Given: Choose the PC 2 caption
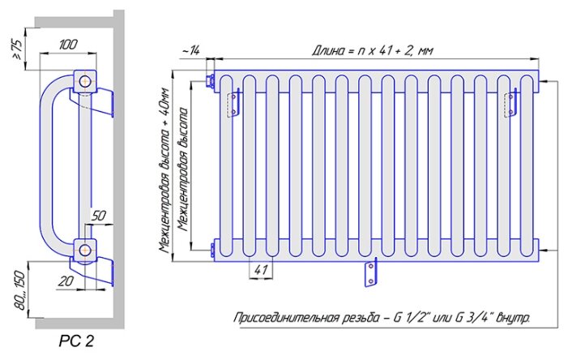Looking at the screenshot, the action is (x=76, y=341).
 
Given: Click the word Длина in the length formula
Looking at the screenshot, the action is (x=330, y=50).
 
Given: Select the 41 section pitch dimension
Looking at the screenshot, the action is (x=259, y=269).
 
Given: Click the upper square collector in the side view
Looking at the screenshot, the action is (x=84, y=81).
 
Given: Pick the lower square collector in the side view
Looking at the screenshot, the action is (x=85, y=249).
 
